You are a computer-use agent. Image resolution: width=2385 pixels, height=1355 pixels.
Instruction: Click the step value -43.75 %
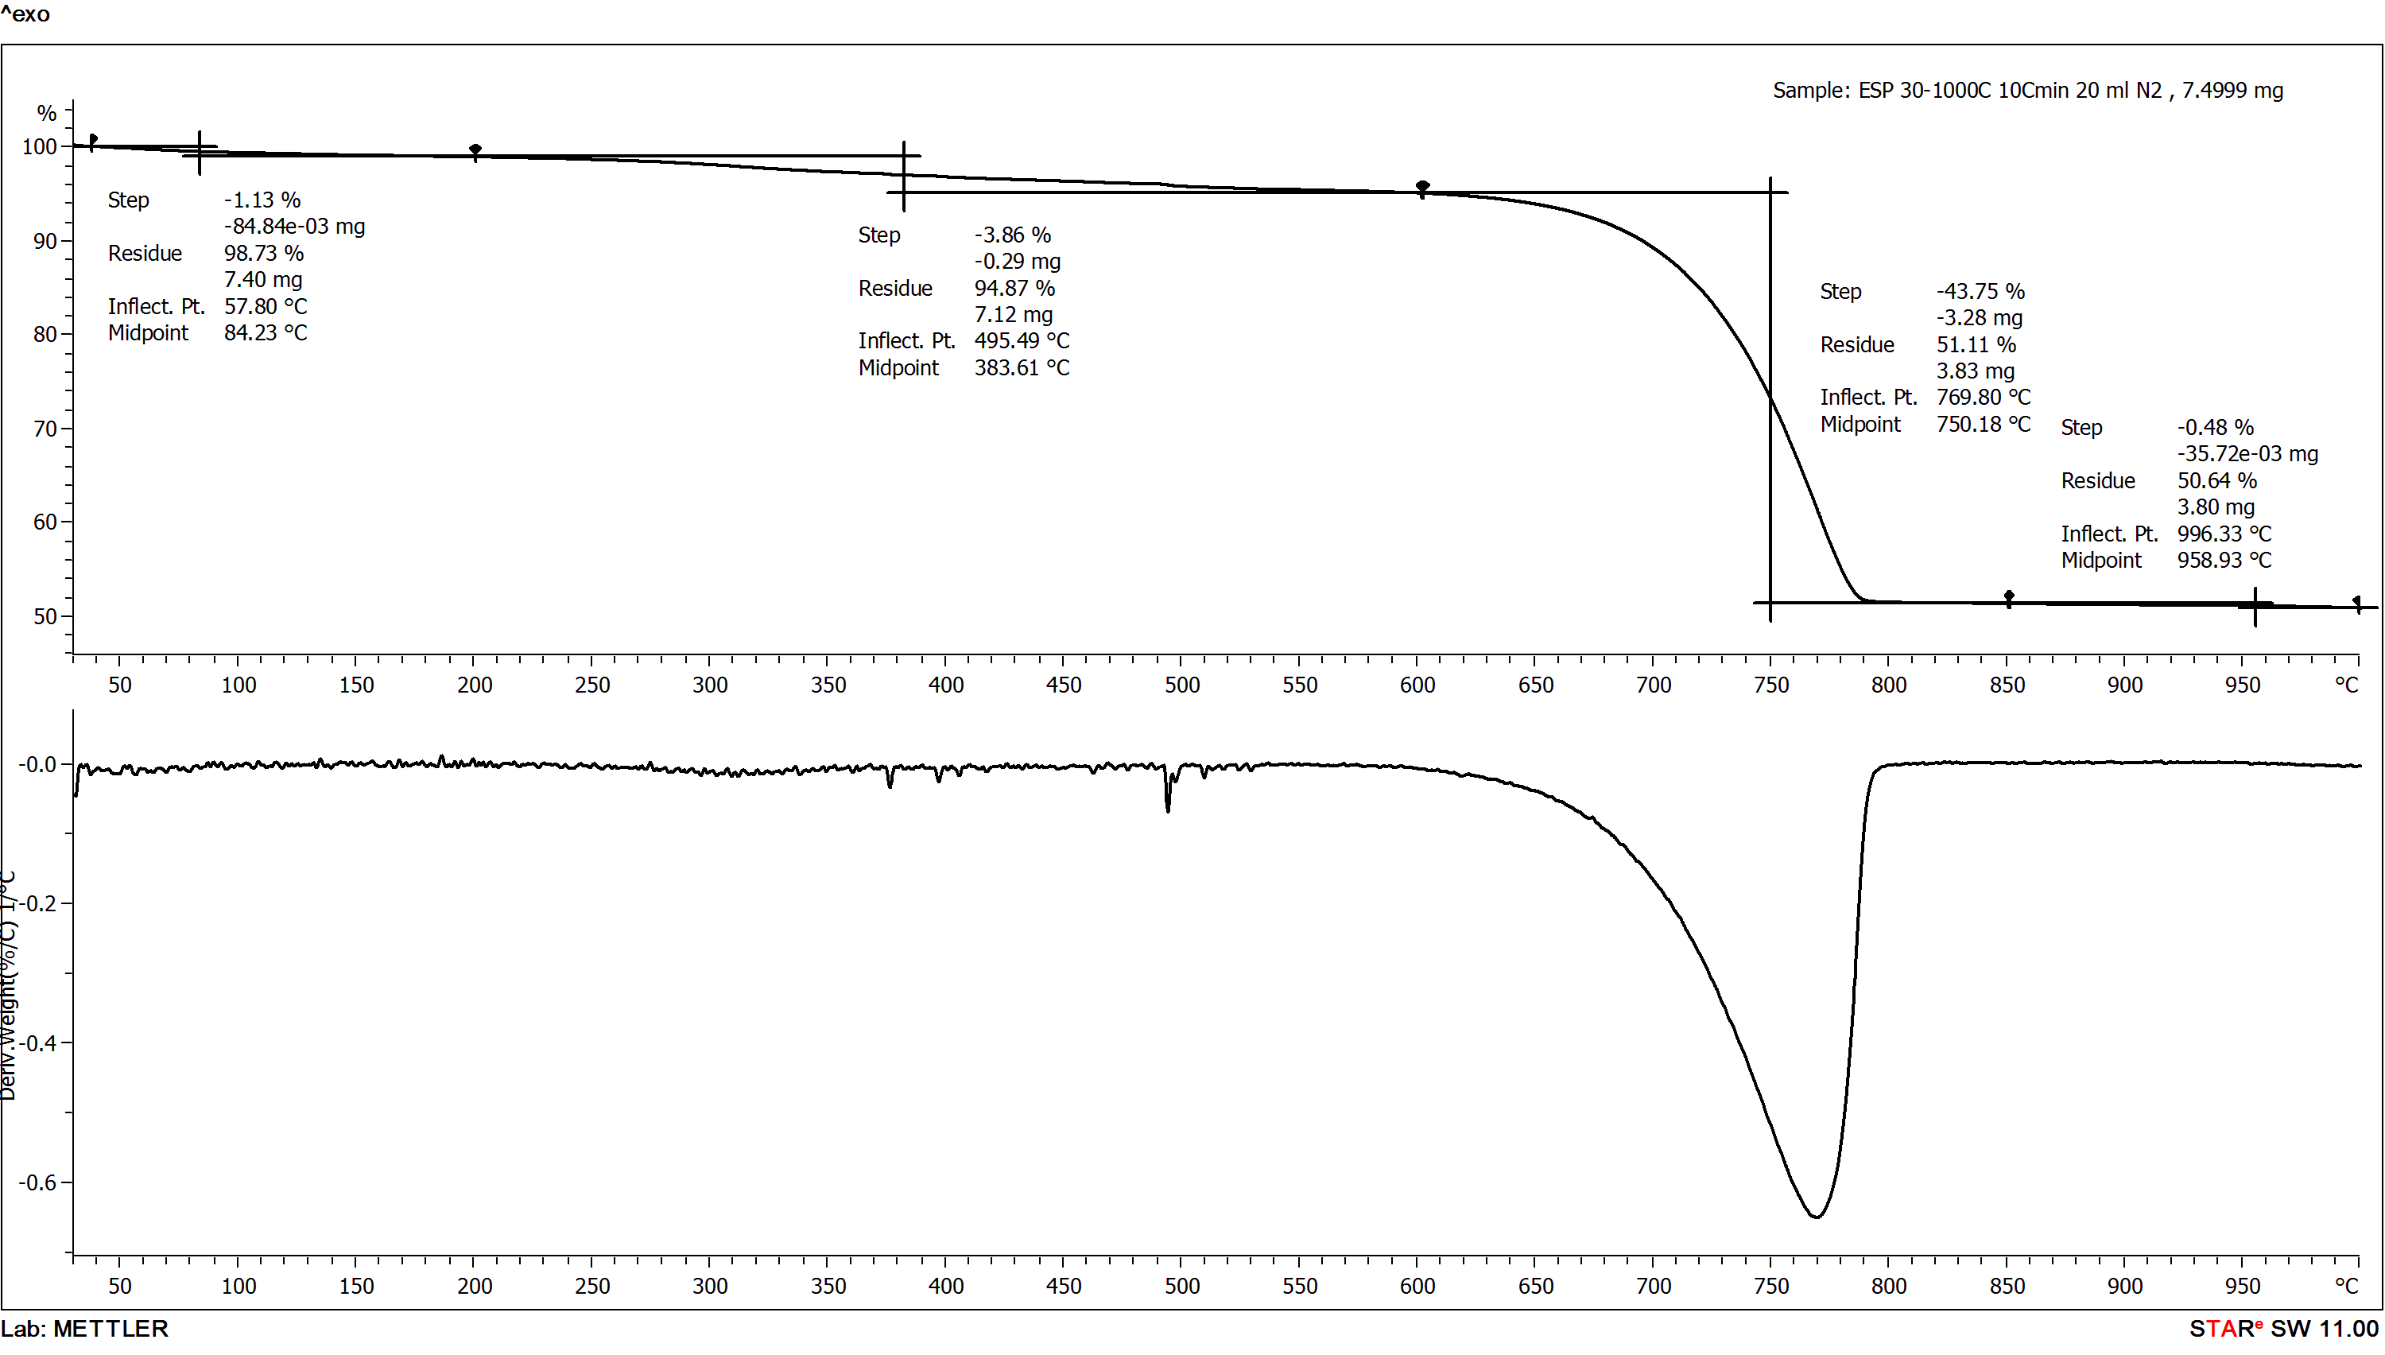(x=1980, y=291)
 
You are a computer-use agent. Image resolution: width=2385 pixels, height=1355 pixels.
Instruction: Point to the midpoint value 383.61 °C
(x=1022, y=367)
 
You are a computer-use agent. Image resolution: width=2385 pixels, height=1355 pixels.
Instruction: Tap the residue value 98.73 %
(x=263, y=253)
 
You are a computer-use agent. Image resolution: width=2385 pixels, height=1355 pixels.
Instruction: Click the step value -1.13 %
(x=262, y=200)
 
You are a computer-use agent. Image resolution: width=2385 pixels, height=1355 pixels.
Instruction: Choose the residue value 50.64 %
(x=2216, y=480)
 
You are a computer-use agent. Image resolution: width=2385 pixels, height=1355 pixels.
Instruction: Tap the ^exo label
(x=25, y=14)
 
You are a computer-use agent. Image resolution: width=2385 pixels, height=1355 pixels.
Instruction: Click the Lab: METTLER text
(x=84, y=1328)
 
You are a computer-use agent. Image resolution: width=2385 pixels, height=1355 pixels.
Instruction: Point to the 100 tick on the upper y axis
(x=39, y=147)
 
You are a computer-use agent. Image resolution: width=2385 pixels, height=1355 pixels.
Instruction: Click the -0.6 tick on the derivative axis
(x=38, y=1182)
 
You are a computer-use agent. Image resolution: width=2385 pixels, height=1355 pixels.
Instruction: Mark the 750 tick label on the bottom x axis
(x=1770, y=1286)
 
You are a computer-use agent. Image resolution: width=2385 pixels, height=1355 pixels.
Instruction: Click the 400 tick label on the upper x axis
(x=945, y=685)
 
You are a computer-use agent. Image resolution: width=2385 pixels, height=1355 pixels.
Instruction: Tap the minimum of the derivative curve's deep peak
(x=1815, y=1215)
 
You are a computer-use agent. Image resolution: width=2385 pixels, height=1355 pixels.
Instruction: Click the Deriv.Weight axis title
(x=10, y=987)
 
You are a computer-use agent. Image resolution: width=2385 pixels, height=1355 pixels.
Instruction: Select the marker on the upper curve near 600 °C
(x=1421, y=187)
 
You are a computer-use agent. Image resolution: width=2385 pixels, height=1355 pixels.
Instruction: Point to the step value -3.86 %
(x=1012, y=235)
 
